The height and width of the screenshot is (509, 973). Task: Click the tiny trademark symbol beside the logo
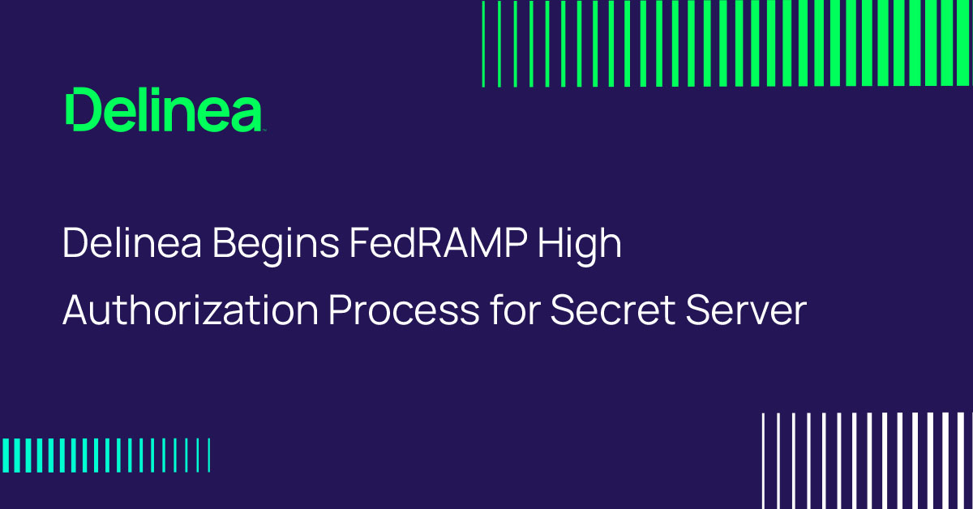point(263,129)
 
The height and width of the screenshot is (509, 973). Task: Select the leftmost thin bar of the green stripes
point(483,44)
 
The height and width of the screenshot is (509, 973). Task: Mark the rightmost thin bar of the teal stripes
point(209,455)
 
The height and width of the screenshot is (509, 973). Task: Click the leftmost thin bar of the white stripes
point(764,460)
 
